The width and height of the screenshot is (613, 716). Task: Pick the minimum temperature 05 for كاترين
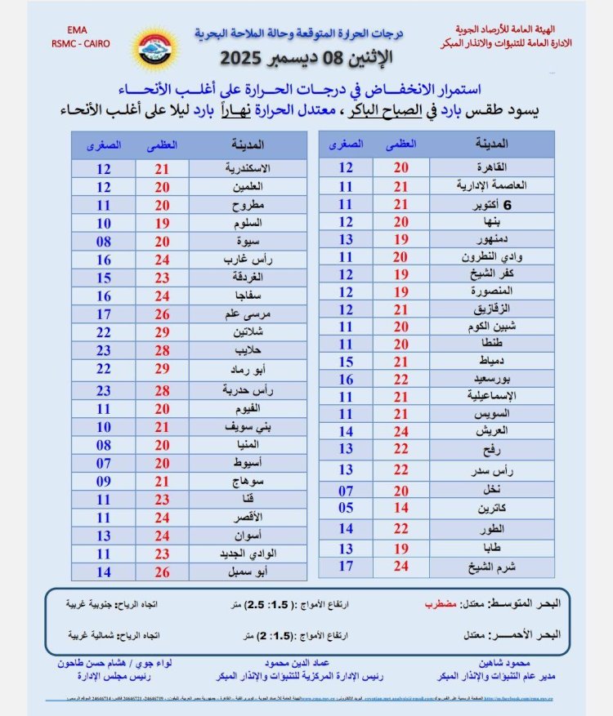point(347,507)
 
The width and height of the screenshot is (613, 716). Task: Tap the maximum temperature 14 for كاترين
point(400,507)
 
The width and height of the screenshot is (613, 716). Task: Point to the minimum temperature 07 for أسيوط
point(104,463)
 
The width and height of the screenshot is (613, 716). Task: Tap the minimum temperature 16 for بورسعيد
point(347,380)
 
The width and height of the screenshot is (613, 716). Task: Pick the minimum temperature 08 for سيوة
point(104,242)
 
